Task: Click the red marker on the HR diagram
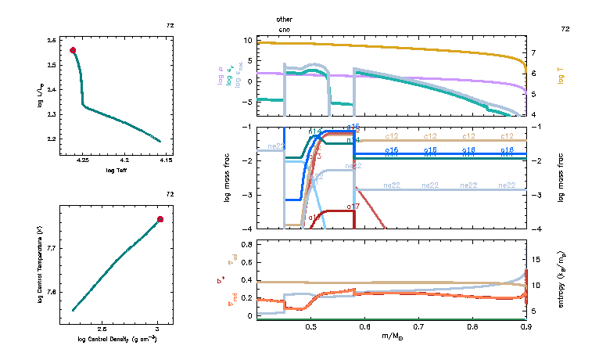click(x=73, y=50)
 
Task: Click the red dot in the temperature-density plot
click(x=160, y=219)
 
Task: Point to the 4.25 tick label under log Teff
click(x=84, y=160)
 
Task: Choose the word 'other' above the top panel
click(x=285, y=18)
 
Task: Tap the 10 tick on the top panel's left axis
click(x=246, y=40)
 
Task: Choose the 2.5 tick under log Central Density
click(x=102, y=330)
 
